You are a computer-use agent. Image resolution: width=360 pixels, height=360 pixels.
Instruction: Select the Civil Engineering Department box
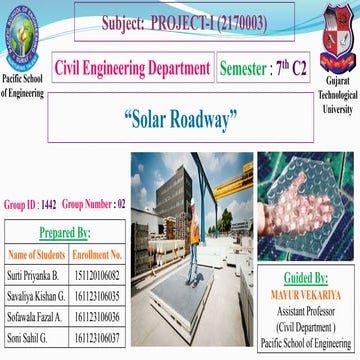[x=132, y=68]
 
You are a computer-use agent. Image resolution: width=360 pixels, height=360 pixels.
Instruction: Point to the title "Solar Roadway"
[x=181, y=120]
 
